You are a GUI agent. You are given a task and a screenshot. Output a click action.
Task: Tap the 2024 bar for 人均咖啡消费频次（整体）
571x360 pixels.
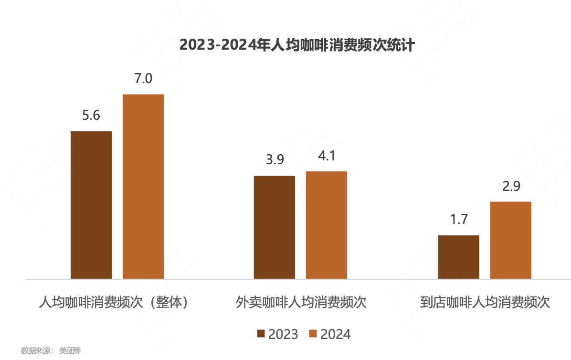tap(143, 186)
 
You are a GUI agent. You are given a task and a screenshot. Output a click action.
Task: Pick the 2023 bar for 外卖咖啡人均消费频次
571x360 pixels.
tap(275, 227)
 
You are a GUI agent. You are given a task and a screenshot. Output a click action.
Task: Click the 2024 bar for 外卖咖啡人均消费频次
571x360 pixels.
tap(327, 224)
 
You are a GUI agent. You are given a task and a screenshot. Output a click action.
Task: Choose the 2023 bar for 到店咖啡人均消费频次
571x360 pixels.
tap(458, 257)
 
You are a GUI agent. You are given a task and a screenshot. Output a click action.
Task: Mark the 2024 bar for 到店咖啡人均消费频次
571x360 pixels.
tap(510, 240)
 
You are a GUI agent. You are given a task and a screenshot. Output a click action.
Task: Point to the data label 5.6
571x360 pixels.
tap(91, 116)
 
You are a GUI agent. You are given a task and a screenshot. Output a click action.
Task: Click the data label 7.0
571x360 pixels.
tap(143, 78)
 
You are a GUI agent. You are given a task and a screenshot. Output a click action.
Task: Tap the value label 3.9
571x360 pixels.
tap(275, 160)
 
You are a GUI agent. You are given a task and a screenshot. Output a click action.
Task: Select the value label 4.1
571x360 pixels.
tap(327, 156)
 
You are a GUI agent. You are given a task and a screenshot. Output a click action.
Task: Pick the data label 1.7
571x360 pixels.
tap(458, 220)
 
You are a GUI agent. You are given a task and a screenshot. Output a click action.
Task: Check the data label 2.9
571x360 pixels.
tap(510, 186)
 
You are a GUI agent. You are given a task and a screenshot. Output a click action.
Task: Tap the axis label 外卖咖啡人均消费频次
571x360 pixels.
tap(301, 303)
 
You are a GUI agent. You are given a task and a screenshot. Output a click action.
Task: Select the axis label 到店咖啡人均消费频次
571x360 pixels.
tap(485, 303)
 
